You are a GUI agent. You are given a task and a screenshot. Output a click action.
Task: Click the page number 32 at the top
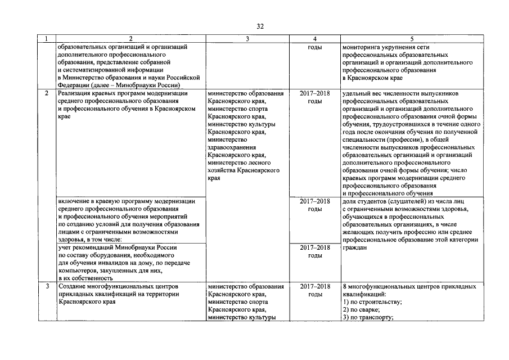click(260, 26)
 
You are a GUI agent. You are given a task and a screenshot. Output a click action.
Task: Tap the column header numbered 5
click(412, 39)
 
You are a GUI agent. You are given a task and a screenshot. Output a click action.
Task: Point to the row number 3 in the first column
click(47, 286)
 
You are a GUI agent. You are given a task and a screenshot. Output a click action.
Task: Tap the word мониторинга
click(361, 47)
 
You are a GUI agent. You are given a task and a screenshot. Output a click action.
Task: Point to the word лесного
click(268, 161)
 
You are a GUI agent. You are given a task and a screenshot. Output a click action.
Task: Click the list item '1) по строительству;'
click(372, 302)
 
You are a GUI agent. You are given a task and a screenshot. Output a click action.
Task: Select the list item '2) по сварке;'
click(361, 310)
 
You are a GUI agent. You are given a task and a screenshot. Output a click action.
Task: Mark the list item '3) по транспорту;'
click(367, 318)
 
